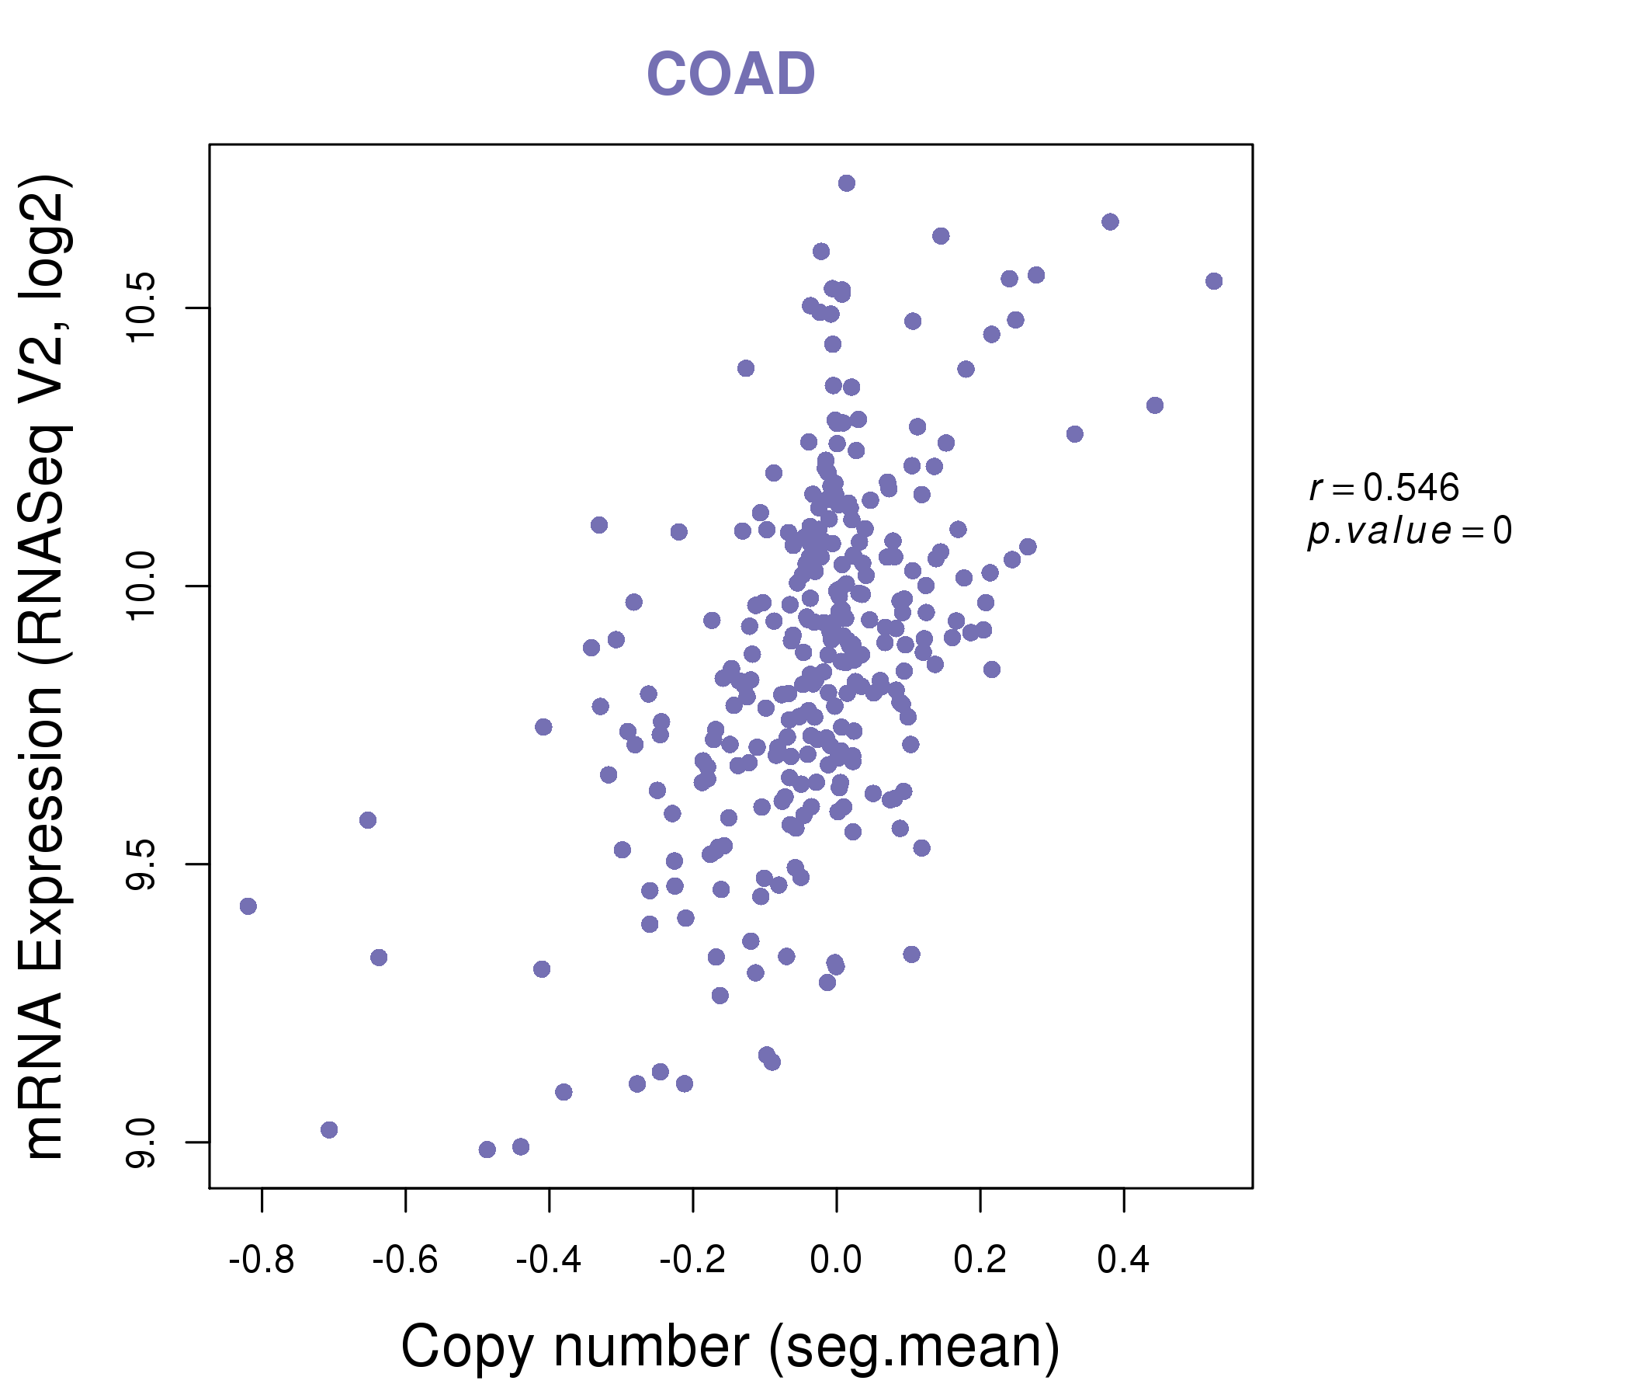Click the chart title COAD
(730, 75)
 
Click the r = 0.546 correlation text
(1384, 489)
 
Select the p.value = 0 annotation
(1409, 531)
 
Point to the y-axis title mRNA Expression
(46, 666)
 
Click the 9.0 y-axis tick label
(141, 1142)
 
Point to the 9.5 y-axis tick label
(141, 864)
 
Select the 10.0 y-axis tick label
(141, 586)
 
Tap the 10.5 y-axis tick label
(141, 308)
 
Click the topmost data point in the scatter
(847, 183)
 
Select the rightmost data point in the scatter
(1214, 281)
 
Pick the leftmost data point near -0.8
(248, 906)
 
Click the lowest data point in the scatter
(487, 1149)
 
